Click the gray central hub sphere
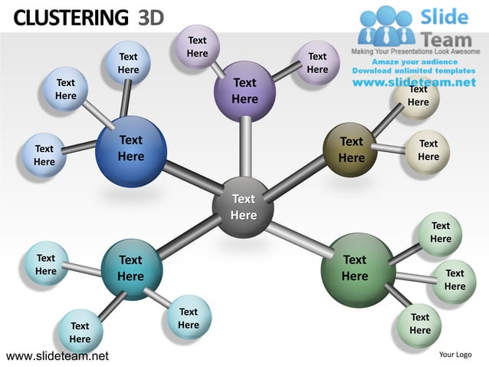pyautogui.click(x=243, y=208)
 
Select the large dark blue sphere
pyautogui.click(x=131, y=150)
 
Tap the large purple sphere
pyautogui.click(x=244, y=91)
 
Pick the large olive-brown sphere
pyautogui.click(x=351, y=150)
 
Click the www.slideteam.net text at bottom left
pyautogui.click(x=57, y=356)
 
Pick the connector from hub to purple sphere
pyautogui.click(x=244, y=150)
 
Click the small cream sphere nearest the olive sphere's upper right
pyautogui.click(x=418, y=98)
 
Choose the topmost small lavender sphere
pyautogui.click(x=197, y=46)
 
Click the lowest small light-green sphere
pyautogui.click(x=419, y=323)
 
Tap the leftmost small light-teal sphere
pyautogui.click(x=46, y=265)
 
